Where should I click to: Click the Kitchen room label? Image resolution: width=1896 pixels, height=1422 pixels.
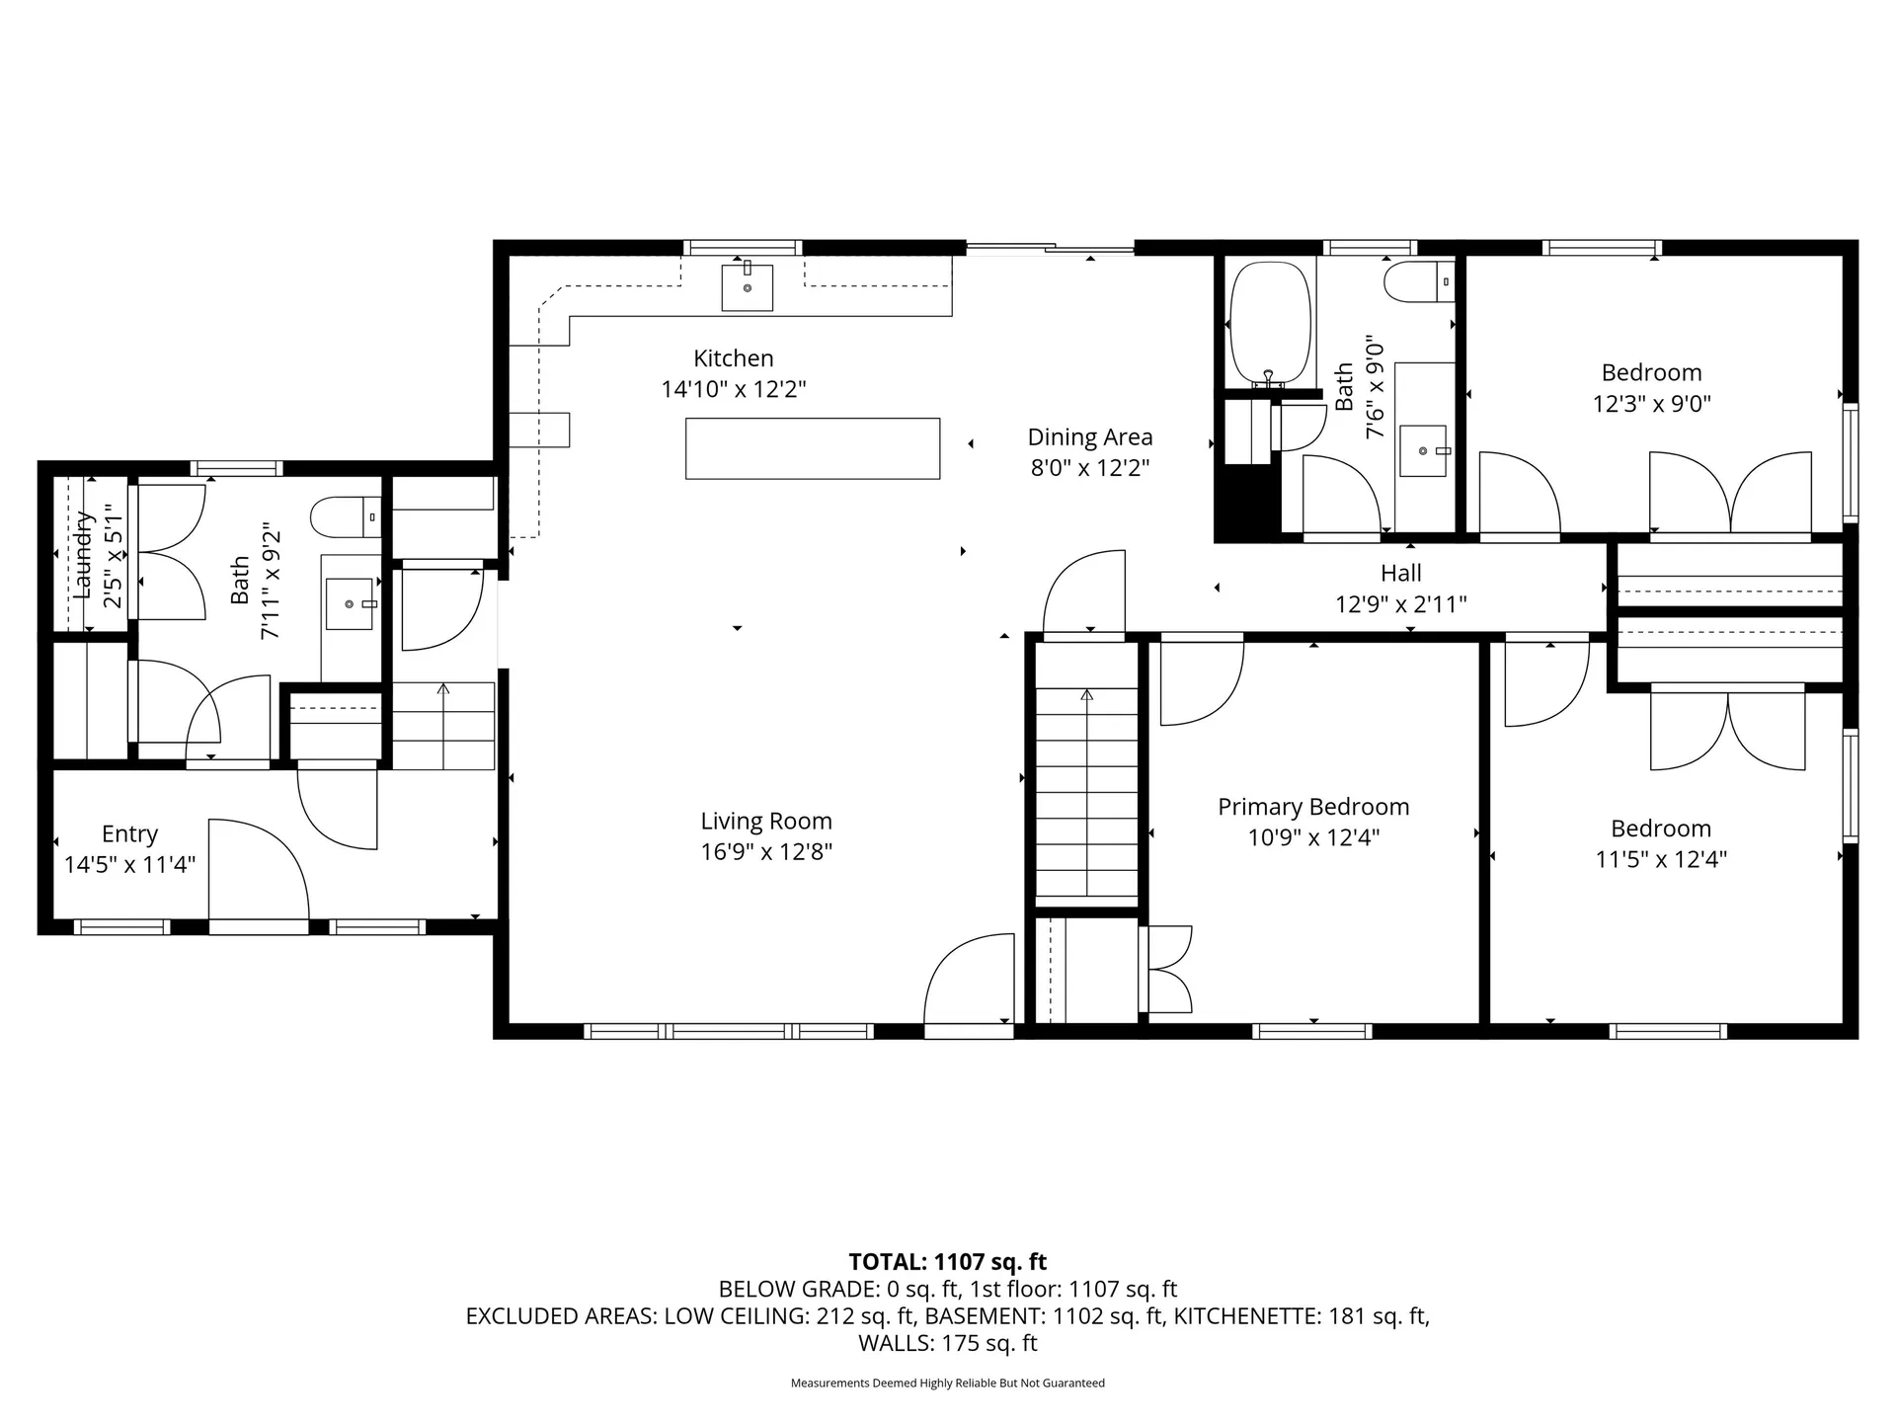733,358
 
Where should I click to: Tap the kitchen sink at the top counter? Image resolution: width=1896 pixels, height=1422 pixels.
747,287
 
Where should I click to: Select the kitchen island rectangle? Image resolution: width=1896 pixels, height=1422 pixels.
812,448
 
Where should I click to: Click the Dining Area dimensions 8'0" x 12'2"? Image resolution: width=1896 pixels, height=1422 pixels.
1090,467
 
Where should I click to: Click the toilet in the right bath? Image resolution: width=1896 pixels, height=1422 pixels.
1418,281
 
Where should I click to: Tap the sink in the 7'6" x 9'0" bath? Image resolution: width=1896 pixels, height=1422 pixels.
1423,450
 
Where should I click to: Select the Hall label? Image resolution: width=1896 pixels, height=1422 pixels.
1400,573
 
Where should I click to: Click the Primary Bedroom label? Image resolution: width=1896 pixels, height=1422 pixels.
1312,807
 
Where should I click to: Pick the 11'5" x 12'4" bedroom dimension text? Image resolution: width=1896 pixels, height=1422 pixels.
1660,859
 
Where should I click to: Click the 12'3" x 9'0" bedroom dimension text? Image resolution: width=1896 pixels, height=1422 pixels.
1651,403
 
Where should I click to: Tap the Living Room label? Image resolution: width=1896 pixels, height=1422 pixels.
766,821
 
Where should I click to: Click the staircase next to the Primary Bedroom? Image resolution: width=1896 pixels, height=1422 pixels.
1086,790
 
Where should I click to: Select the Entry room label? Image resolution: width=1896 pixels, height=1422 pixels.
129,834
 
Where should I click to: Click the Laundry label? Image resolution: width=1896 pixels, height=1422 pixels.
83,554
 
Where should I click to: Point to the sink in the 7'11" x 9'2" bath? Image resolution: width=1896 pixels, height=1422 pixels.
350,603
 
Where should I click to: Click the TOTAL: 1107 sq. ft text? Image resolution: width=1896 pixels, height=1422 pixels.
947,1262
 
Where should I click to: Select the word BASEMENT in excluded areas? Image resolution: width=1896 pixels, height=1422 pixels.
993,1316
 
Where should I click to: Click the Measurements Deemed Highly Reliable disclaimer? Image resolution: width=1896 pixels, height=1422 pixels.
947,1383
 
